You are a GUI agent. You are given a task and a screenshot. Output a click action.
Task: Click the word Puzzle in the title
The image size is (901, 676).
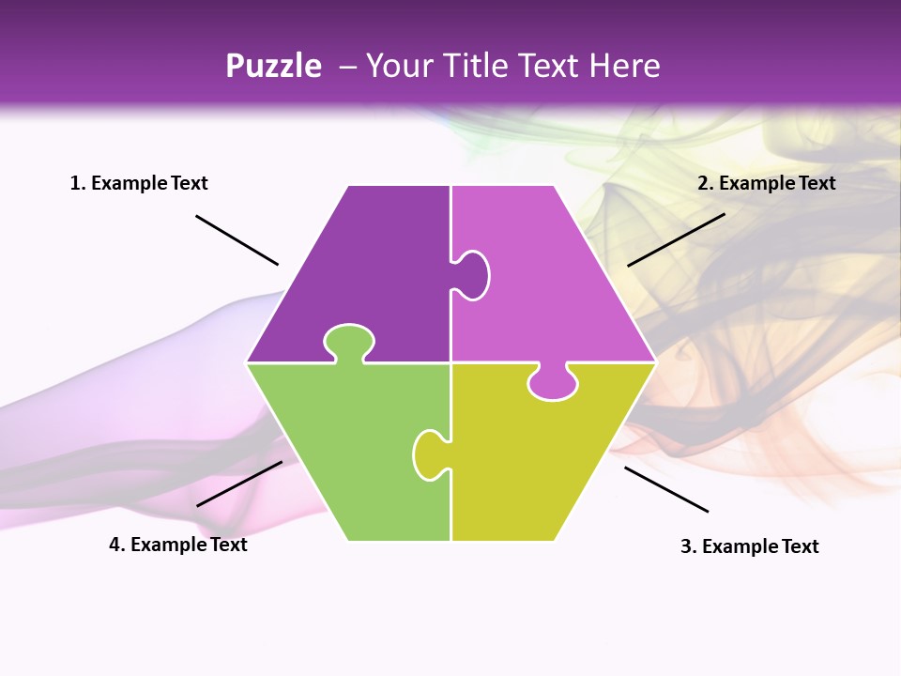click(273, 66)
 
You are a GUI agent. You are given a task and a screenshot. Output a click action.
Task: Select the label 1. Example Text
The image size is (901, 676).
click(139, 183)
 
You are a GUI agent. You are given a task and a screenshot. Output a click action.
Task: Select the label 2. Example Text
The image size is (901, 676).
click(766, 183)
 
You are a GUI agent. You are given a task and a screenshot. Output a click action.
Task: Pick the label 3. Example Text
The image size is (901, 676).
click(749, 546)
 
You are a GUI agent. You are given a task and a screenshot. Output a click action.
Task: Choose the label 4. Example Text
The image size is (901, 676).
click(177, 545)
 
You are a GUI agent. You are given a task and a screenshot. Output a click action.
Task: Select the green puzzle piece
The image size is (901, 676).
click(347, 451)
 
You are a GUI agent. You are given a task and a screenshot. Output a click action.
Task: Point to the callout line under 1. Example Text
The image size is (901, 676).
click(237, 240)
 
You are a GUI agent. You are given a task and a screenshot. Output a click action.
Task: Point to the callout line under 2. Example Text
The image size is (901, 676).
click(676, 239)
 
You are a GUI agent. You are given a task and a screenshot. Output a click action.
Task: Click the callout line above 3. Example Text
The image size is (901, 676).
click(666, 489)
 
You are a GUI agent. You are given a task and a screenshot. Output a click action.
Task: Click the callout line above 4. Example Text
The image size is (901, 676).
click(239, 484)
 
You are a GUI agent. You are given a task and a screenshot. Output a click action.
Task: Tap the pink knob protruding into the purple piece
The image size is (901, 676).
click(472, 275)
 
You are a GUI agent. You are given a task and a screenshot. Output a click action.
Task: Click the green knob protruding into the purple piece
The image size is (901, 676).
click(349, 342)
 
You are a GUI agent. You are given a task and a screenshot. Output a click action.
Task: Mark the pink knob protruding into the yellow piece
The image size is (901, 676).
click(553, 382)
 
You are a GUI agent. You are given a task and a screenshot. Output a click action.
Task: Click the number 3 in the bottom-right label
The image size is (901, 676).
click(685, 546)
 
